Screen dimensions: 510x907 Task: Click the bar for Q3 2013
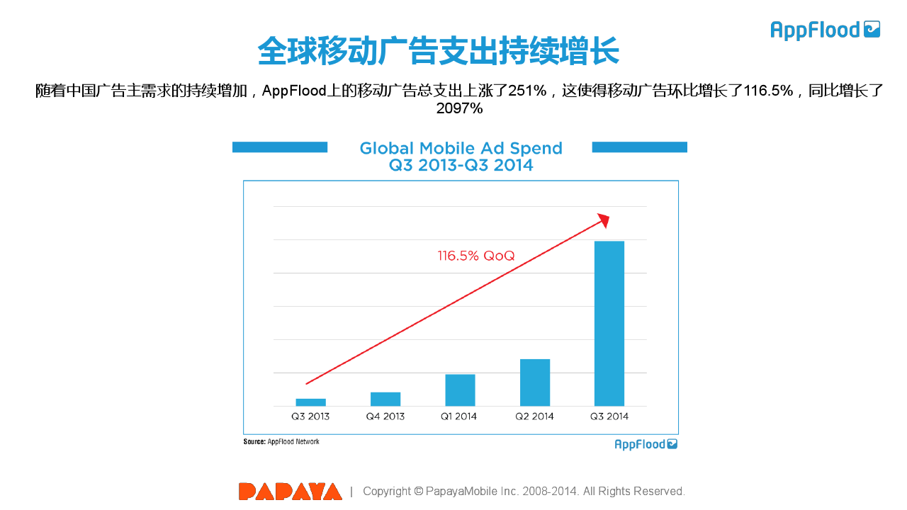310,402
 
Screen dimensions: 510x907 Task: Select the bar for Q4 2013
385,399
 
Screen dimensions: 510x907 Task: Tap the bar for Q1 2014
460,390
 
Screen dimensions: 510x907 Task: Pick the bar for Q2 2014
535,382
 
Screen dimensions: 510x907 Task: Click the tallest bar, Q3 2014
609,324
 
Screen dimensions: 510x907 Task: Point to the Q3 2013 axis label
310,416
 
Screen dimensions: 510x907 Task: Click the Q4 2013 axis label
385,416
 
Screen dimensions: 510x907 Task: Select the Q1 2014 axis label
460,416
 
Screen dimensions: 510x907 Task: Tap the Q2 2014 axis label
535,416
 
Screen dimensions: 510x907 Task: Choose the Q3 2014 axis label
609,416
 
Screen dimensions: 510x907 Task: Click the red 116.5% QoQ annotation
476,256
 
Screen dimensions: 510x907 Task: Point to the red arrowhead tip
607,216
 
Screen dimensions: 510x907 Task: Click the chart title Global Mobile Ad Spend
461,149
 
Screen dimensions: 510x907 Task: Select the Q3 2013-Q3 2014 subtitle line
461,166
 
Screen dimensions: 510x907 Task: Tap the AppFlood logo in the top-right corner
826,30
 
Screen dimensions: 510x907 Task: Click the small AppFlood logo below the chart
646,444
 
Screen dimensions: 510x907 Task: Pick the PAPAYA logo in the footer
291,492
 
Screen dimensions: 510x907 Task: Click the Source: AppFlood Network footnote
281,442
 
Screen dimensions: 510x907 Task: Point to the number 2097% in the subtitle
459,108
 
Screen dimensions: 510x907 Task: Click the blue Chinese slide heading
438,51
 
